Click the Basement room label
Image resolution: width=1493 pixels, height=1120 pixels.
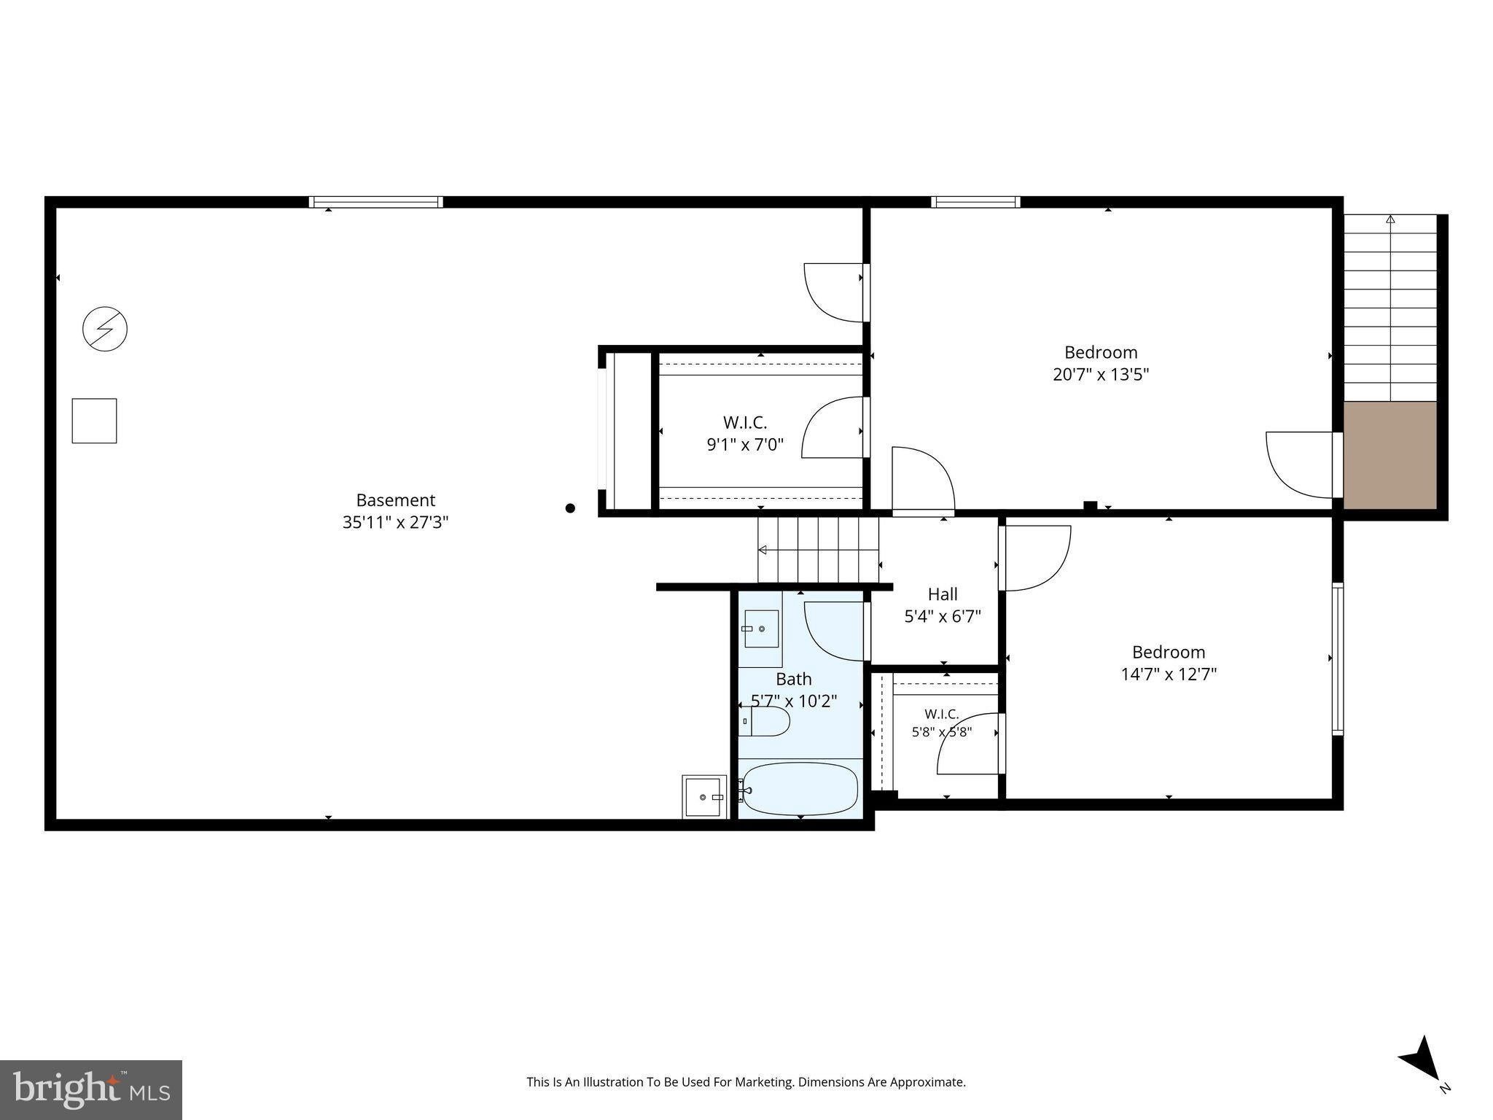tap(395, 500)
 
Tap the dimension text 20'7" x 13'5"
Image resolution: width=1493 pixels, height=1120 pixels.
tap(1101, 375)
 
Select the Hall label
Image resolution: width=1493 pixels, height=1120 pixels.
tap(943, 594)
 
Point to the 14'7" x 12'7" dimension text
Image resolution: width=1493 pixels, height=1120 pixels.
tap(1169, 674)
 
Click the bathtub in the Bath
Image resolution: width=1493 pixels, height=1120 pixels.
tap(799, 789)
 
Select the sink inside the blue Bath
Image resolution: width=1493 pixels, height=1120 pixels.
tap(761, 629)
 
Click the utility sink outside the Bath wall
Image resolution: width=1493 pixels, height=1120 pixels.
tap(704, 796)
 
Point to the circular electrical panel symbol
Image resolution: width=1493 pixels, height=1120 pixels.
tap(105, 329)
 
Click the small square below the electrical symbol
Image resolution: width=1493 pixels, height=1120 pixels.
tap(94, 421)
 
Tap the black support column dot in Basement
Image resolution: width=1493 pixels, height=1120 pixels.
tap(570, 508)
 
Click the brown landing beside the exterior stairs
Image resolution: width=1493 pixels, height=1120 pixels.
tap(1390, 455)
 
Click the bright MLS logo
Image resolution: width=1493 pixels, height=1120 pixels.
tap(91, 1090)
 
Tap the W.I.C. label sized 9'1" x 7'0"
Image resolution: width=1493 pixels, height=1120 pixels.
tap(745, 433)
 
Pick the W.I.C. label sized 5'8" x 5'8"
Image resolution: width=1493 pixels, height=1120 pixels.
tap(942, 723)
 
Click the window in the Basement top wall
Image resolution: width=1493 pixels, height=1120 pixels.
tap(375, 202)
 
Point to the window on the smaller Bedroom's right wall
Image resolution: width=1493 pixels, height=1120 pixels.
tap(1338, 658)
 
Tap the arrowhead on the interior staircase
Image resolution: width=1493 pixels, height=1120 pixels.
tap(763, 550)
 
